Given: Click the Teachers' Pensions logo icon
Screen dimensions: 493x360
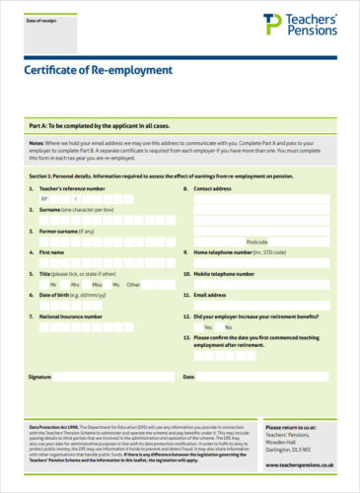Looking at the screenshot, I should point(271,24).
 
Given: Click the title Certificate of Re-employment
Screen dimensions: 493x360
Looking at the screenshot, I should point(98,71).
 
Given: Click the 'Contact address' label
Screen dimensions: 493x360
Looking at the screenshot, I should point(213,187).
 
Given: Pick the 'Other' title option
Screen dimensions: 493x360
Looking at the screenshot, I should point(133,284).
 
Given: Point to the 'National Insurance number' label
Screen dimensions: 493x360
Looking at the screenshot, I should point(71,317).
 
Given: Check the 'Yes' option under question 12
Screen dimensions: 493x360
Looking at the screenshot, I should point(208,327).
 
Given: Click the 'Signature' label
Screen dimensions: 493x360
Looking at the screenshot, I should point(39,377).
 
